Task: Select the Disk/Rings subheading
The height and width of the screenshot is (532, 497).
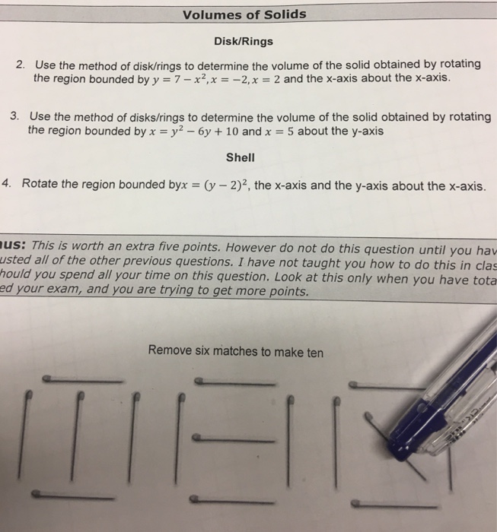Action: [x=245, y=42]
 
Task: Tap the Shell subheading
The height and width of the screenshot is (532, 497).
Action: [x=241, y=159]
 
